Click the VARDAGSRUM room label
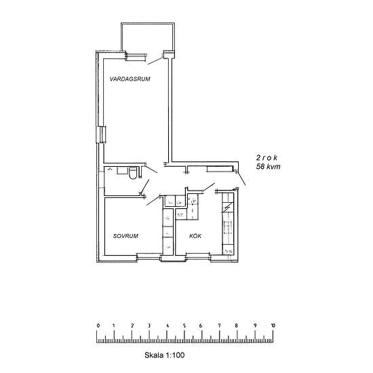[x=130, y=79]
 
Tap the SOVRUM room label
[x=126, y=236]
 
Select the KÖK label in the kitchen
[x=195, y=236]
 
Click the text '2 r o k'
[x=267, y=156]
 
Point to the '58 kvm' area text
[x=269, y=166]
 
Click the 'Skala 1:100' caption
[x=165, y=355]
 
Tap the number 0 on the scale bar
[x=98, y=326]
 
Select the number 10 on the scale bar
[x=273, y=326]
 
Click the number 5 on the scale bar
[x=185, y=326]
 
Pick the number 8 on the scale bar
[x=237, y=326]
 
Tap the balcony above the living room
[x=147, y=37]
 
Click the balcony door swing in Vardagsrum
[x=157, y=60]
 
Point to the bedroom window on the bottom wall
[x=147, y=256]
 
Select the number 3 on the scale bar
[x=151, y=326]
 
